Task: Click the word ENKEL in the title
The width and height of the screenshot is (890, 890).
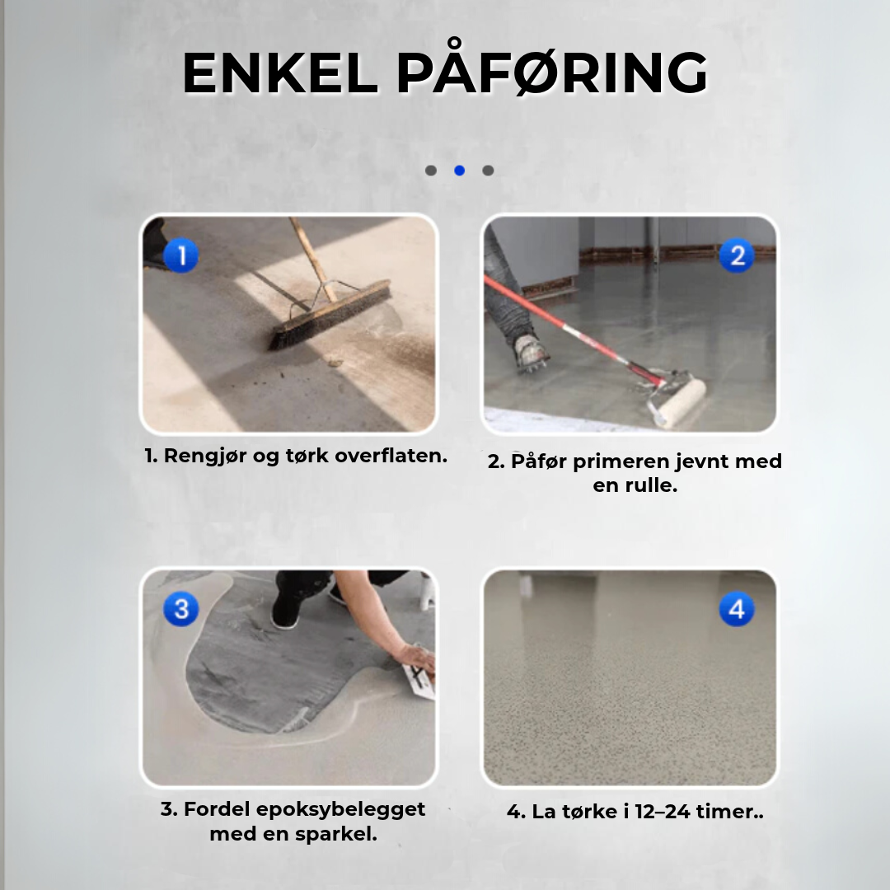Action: point(280,73)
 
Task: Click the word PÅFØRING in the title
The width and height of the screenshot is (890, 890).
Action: point(552,69)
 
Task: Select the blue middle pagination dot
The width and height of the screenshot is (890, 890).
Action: point(460,171)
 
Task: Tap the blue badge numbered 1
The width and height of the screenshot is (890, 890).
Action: point(181,255)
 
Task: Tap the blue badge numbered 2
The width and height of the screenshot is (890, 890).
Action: point(737,255)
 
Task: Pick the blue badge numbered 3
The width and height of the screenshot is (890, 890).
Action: point(181,609)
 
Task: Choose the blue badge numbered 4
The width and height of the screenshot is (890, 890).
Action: point(737,609)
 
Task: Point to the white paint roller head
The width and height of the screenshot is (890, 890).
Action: point(677,403)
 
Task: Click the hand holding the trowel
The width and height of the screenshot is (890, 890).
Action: point(415,658)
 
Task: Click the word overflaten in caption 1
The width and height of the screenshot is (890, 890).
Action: point(391,455)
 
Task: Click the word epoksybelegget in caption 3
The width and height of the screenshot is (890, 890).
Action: point(340,810)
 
